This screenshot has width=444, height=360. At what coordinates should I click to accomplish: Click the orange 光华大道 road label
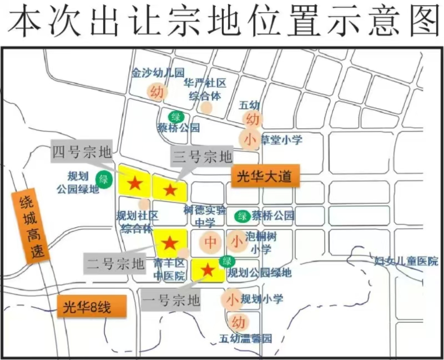pos(264,177)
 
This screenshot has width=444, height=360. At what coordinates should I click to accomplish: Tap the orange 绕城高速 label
pos(33,227)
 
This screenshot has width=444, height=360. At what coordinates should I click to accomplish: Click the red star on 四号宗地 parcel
pos(135,182)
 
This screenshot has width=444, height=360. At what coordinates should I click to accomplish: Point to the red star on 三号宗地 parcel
pos(170,190)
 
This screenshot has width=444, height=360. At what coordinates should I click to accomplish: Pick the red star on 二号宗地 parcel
pos(170,243)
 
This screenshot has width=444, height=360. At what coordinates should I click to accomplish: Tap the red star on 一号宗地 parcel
pos(208,270)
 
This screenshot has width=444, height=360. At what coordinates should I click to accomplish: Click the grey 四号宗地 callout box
pos(82,152)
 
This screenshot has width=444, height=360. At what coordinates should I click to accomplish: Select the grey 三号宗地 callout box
pos(201,157)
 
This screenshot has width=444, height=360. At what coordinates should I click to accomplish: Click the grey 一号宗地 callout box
pos(171,302)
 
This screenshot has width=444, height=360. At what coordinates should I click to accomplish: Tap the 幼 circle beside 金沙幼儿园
pos(157,92)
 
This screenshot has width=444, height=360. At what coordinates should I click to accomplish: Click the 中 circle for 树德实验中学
pos(210,242)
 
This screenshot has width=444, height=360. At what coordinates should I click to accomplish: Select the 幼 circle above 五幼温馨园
pos(238,322)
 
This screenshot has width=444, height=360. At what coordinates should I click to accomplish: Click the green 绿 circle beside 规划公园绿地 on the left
pos(103,179)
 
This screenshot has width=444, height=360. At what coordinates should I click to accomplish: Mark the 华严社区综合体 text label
pos(205,89)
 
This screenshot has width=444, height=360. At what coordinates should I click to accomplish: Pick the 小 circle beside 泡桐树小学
pos(237,241)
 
